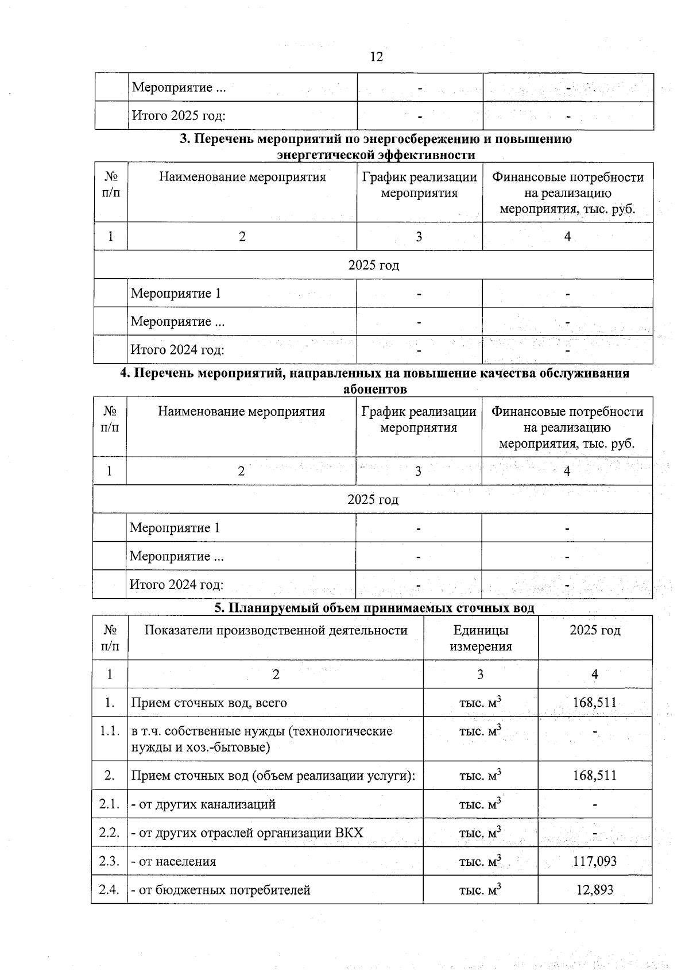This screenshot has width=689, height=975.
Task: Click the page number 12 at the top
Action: [377, 56]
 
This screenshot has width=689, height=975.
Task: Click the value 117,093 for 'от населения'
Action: [594, 861]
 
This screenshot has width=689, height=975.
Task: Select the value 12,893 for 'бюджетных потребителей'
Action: [594, 889]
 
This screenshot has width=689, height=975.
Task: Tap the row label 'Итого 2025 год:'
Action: [179, 115]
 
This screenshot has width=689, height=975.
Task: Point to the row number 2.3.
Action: [109, 861]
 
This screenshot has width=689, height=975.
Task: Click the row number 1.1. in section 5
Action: [109, 731]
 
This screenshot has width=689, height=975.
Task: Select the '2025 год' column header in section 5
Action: [594, 630]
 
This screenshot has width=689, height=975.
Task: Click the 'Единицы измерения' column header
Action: [481, 638]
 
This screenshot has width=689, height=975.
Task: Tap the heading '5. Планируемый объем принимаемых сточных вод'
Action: [374, 608]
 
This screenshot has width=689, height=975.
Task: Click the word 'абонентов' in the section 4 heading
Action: [374, 389]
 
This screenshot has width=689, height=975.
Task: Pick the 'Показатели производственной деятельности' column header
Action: [276, 630]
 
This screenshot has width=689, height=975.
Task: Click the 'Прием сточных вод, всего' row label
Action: [209, 703]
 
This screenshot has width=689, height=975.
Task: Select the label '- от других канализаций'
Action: [203, 804]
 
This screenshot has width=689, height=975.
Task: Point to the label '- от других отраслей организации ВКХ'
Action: [247, 833]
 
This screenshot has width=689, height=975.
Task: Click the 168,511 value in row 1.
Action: [594, 702]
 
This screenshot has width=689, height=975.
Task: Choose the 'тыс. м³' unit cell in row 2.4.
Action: [480, 889]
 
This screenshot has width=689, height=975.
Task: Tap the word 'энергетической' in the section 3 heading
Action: [324, 155]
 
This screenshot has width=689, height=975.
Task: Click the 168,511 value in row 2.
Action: [594, 776]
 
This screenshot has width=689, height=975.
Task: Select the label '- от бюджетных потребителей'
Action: [220, 890]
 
